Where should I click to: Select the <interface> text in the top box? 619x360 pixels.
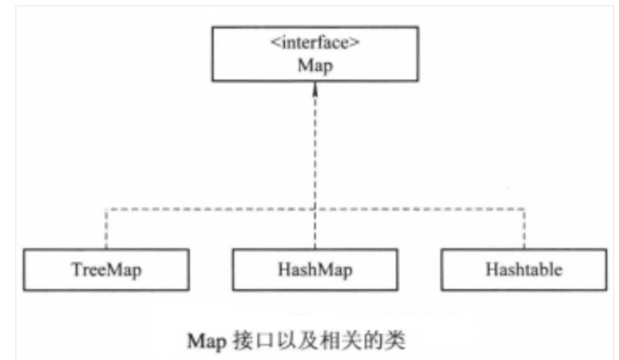tap(314, 45)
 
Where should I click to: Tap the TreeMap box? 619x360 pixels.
tap(107, 270)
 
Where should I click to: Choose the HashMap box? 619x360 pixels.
tap(314, 270)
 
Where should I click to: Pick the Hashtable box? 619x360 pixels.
tap(524, 270)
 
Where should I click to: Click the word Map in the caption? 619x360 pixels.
tap(205, 341)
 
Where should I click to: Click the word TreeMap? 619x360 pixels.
tap(107, 270)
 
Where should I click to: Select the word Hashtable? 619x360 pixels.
tap(524, 270)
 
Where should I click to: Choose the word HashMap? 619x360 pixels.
tap(314, 270)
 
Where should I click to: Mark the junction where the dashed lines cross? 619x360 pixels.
tap(315, 207)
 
